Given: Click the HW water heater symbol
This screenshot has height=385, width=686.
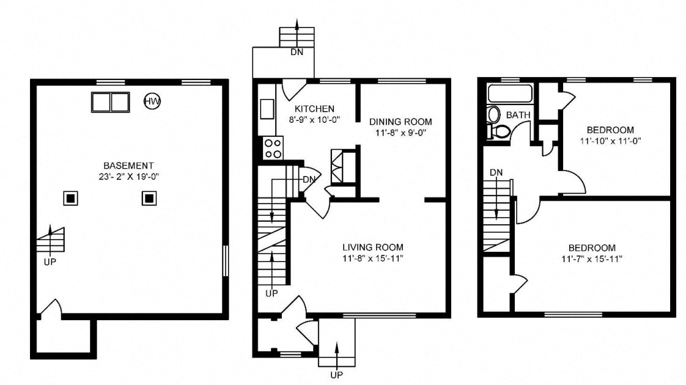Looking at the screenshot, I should [x=152, y=101].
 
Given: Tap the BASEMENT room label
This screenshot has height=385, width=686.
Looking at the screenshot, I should [x=128, y=166].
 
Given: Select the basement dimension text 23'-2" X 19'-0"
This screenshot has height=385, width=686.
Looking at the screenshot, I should [x=128, y=177].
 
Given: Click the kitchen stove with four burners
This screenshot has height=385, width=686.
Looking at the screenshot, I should [x=273, y=148].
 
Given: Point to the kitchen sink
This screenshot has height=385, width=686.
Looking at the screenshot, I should [x=267, y=109].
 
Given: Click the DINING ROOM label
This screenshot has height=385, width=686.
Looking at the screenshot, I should [x=400, y=121].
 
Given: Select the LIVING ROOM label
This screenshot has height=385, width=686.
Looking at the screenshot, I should [x=372, y=247].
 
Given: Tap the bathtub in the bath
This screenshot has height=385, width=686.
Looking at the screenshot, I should [x=510, y=94].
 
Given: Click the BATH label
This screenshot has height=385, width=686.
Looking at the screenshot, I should [x=518, y=115].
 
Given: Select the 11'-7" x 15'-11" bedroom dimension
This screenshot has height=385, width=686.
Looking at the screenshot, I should [x=592, y=258].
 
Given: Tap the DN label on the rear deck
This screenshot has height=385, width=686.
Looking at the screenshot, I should [x=297, y=52].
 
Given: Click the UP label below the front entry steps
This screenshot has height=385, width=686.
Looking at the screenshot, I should [x=336, y=375].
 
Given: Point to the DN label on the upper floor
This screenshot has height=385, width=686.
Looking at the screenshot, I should [x=496, y=172].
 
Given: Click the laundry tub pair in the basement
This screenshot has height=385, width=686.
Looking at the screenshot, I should [x=111, y=101].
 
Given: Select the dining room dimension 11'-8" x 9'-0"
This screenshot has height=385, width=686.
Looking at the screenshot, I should [x=400, y=132].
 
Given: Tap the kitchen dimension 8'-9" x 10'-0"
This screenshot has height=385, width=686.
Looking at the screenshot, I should [x=314, y=119].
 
